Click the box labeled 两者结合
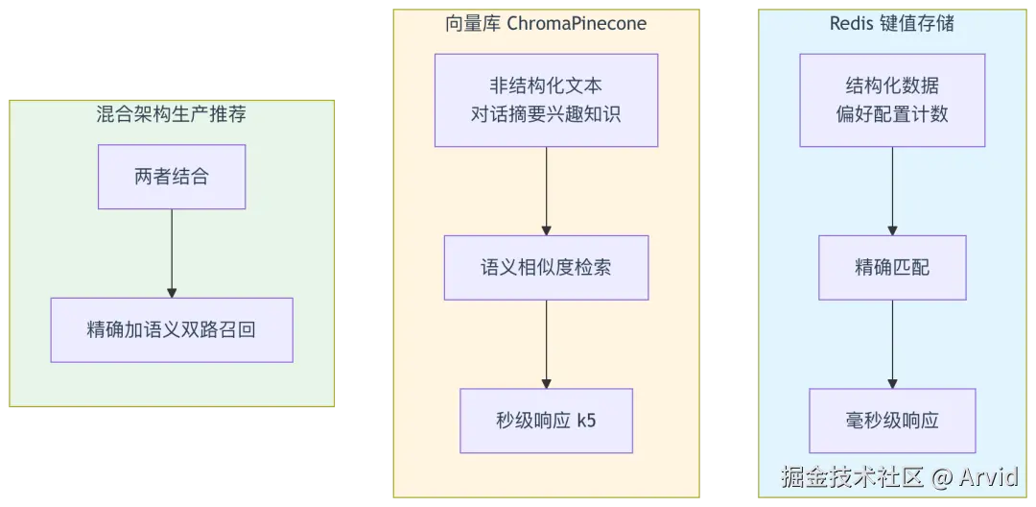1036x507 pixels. coord(172,177)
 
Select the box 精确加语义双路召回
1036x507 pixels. coord(172,329)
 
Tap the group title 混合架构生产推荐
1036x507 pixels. coord(172,115)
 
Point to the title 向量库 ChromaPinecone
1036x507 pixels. coord(546,24)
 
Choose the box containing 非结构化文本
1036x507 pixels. coord(546,100)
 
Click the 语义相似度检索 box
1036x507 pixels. coord(546,267)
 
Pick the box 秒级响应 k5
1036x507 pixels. coord(546,420)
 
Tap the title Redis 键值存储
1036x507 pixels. coord(892,24)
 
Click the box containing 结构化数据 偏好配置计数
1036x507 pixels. coord(892,100)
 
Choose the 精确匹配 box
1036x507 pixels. coord(892,267)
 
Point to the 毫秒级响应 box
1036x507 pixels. coord(892,420)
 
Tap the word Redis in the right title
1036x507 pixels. coord(851,24)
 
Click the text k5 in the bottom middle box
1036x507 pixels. coord(586,420)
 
